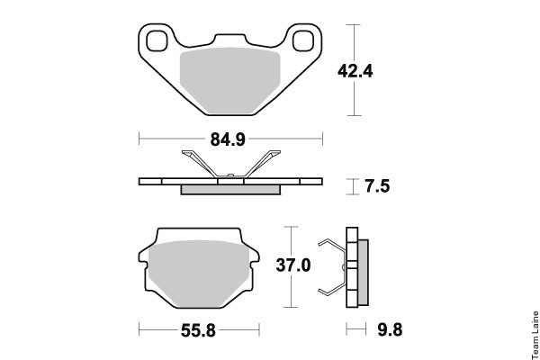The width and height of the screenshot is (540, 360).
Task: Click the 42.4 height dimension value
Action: (355, 71)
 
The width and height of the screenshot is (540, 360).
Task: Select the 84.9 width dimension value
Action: (228, 139)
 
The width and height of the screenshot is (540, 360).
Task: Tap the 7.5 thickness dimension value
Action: (377, 186)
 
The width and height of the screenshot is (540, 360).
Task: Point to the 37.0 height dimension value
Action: (293, 265)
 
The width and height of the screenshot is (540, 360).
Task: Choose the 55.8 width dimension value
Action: (198, 331)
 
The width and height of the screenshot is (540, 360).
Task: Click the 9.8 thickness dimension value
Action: (390, 329)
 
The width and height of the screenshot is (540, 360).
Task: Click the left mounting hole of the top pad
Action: (157, 40)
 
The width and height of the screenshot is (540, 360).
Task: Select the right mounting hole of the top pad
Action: (303, 40)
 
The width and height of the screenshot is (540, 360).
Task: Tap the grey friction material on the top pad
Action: (230, 81)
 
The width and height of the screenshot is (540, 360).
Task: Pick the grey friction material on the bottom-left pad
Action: (199, 274)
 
